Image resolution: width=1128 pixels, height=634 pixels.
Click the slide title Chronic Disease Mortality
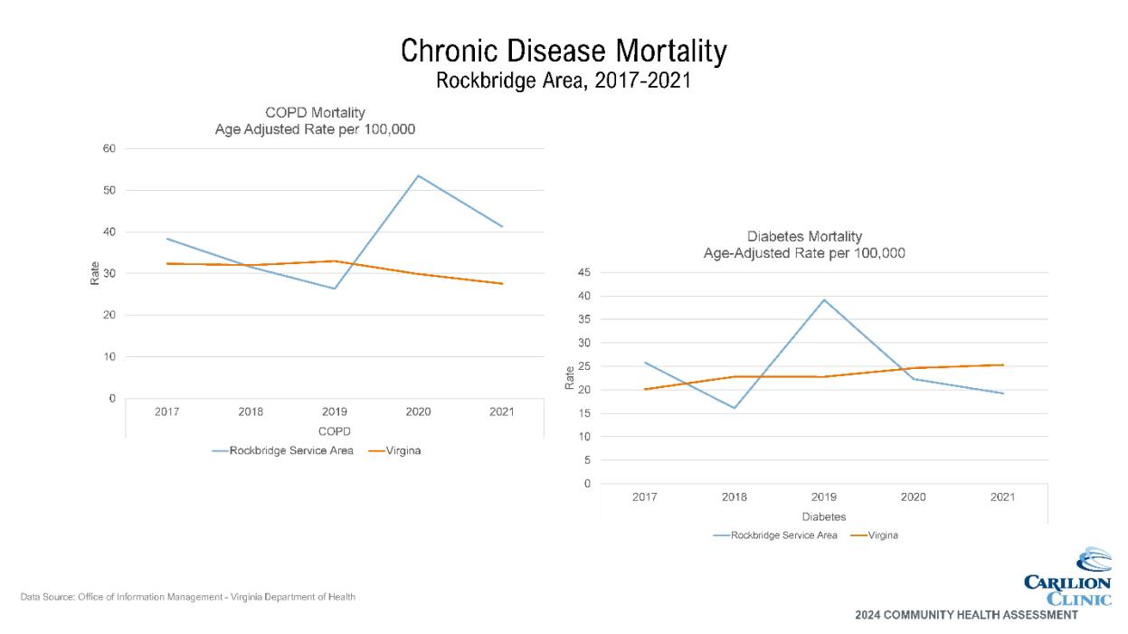(x=563, y=52)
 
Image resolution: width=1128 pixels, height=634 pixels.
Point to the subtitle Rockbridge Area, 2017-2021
(x=563, y=80)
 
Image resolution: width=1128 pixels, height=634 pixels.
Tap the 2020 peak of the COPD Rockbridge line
(x=418, y=175)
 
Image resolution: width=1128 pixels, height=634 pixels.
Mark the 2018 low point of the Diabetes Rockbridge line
(x=735, y=408)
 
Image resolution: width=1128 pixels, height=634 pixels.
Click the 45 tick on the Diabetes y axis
(x=583, y=272)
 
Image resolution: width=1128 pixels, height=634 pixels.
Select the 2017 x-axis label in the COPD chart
(x=166, y=412)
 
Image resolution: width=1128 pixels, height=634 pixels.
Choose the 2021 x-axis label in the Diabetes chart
(x=1002, y=497)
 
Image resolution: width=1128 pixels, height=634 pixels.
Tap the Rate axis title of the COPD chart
(x=95, y=273)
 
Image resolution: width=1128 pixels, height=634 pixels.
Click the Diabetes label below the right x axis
(x=823, y=517)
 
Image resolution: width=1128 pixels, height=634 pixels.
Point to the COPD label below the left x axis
(x=334, y=431)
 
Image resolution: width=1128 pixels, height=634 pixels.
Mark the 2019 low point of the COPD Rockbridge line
(x=335, y=289)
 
